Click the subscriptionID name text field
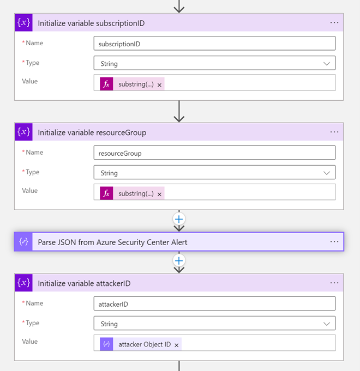point(214,43)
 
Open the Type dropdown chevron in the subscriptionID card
point(327,64)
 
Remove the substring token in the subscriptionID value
point(159,85)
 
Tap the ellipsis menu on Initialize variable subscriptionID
point(334,23)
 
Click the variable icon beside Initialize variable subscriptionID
point(23,23)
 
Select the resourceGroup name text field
point(214,153)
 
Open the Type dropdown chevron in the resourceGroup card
point(327,173)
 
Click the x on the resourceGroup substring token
point(159,194)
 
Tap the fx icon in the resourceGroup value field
point(106,193)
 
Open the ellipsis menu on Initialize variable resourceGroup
point(334,132)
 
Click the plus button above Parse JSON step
point(179,219)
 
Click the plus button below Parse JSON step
point(179,261)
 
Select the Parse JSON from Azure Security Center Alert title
point(112,242)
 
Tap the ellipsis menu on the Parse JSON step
point(334,241)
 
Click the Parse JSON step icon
point(23,241)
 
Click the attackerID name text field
point(214,303)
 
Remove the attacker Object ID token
point(176,345)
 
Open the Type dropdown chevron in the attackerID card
point(327,324)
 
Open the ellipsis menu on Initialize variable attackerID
point(334,283)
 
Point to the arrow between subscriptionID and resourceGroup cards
point(179,111)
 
